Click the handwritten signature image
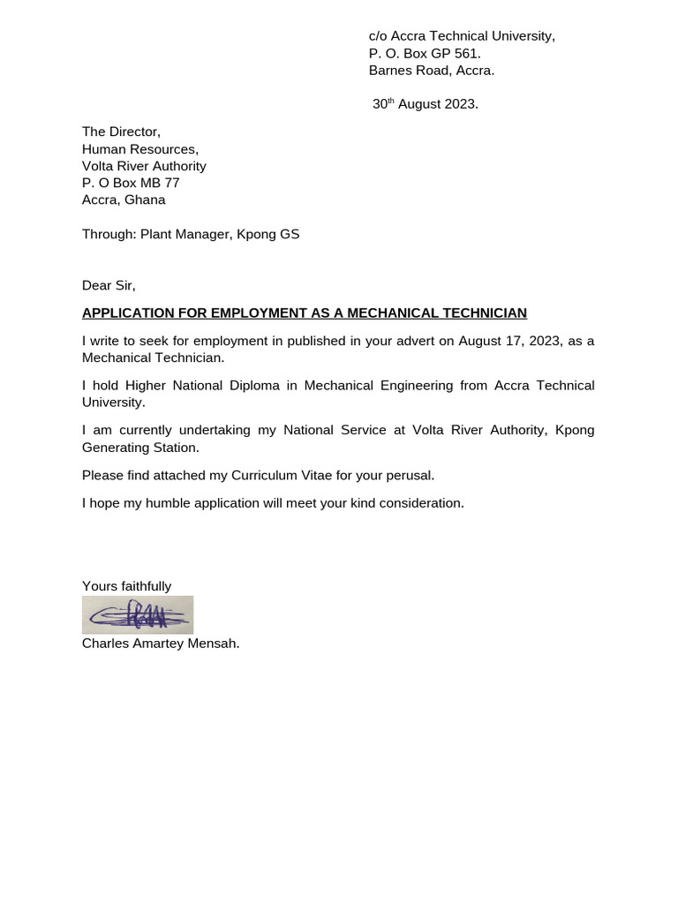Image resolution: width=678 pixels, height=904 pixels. pyautogui.click(x=138, y=614)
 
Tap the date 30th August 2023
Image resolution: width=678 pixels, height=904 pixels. pyautogui.click(x=426, y=104)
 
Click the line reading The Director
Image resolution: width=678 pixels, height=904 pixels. pyautogui.click(x=121, y=132)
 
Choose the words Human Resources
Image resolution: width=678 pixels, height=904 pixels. pyautogui.click(x=139, y=149)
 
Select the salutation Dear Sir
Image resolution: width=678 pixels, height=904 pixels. pyautogui.click(x=109, y=285)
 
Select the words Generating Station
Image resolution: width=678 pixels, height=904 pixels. pyautogui.click(x=140, y=448)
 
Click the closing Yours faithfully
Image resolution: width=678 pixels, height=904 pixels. pyautogui.click(x=126, y=586)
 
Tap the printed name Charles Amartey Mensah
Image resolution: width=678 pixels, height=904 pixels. pyautogui.click(x=161, y=644)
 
